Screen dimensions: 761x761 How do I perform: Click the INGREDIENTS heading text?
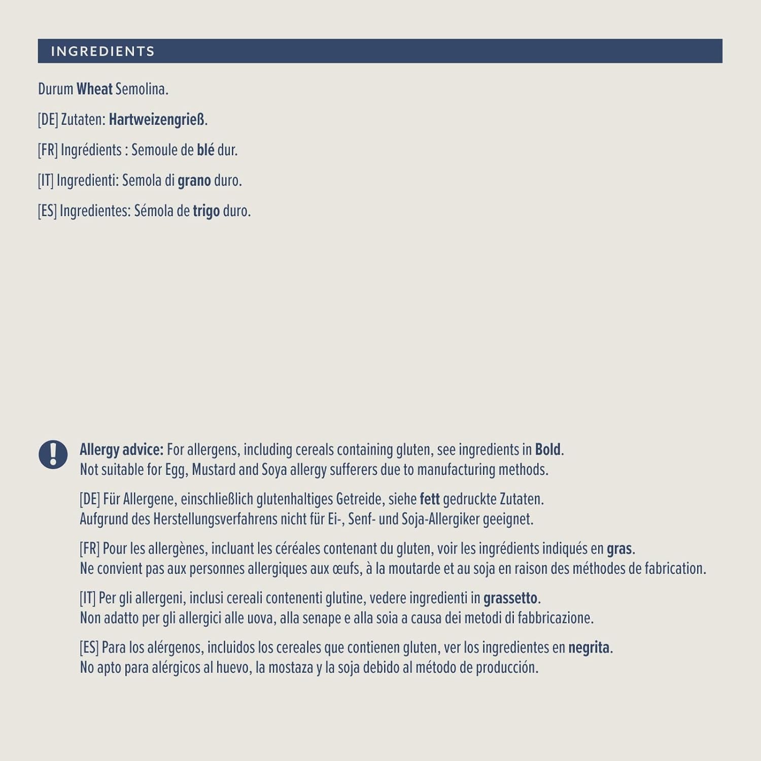[102, 51]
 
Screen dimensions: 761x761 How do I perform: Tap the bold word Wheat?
[94, 89]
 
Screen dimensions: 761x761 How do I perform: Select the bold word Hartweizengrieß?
[157, 120]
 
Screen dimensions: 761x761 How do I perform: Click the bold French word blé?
[205, 150]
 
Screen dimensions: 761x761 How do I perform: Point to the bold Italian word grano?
[194, 181]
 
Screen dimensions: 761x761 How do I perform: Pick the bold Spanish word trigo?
[206, 211]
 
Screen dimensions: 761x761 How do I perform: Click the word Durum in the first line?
[55, 89]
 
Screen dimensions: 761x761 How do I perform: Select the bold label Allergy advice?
[121, 449]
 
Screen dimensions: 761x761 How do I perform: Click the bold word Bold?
[548, 449]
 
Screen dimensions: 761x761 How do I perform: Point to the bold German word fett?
[429, 499]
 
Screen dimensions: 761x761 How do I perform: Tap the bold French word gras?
[619, 549]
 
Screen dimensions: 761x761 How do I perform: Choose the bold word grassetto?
[510, 598]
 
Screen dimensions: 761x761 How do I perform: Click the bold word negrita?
[589, 648]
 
